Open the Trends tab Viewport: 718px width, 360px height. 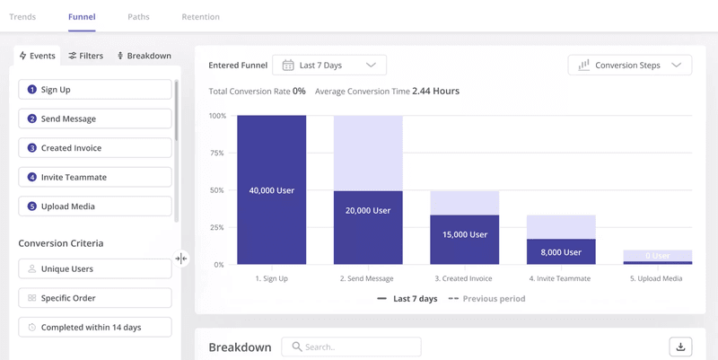(x=22, y=17)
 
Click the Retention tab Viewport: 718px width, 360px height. (x=200, y=17)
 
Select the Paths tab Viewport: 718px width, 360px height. (x=138, y=17)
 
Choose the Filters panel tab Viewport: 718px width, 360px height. (x=86, y=56)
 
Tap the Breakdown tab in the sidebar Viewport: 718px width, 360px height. (x=144, y=56)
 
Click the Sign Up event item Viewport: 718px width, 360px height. (x=95, y=90)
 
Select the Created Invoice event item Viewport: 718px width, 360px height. (x=95, y=148)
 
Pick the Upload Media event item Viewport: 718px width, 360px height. (x=95, y=206)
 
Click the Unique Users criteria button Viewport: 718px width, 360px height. (x=95, y=268)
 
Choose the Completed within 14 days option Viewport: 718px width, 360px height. (x=95, y=327)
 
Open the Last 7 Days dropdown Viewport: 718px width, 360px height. (x=329, y=65)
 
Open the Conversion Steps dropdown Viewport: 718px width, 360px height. (x=630, y=65)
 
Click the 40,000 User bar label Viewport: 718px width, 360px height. (x=271, y=190)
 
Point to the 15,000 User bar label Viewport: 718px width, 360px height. (x=465, y=234)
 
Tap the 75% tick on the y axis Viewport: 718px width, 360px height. (x=217, y=154)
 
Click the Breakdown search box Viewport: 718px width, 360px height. (x=351, y=347)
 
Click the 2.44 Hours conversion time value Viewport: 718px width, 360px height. (x=435, y=92)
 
